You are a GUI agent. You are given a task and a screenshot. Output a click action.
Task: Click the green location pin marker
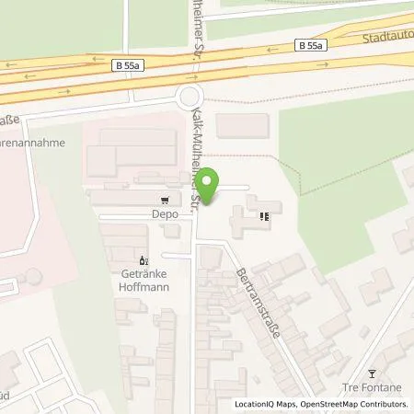pyautogui.click(x=209, y=186)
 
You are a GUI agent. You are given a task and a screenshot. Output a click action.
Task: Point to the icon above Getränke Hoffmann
pyautogui.click(x=143, y=259)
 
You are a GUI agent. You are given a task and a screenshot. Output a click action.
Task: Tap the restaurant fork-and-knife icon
pyautogui.click(x=266, y=218)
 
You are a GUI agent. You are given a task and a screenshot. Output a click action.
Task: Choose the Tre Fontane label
pyautogui.click(x=373, y=386)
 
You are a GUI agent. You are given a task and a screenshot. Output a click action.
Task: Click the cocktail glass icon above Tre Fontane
pyautogui.click(x=372, y=373)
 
